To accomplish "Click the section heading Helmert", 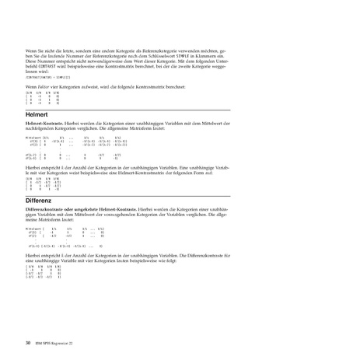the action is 37,114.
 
